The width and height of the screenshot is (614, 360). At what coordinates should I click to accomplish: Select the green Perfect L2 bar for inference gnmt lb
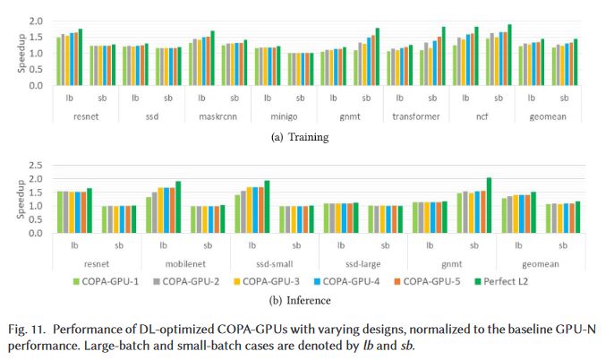pos(489,205)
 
